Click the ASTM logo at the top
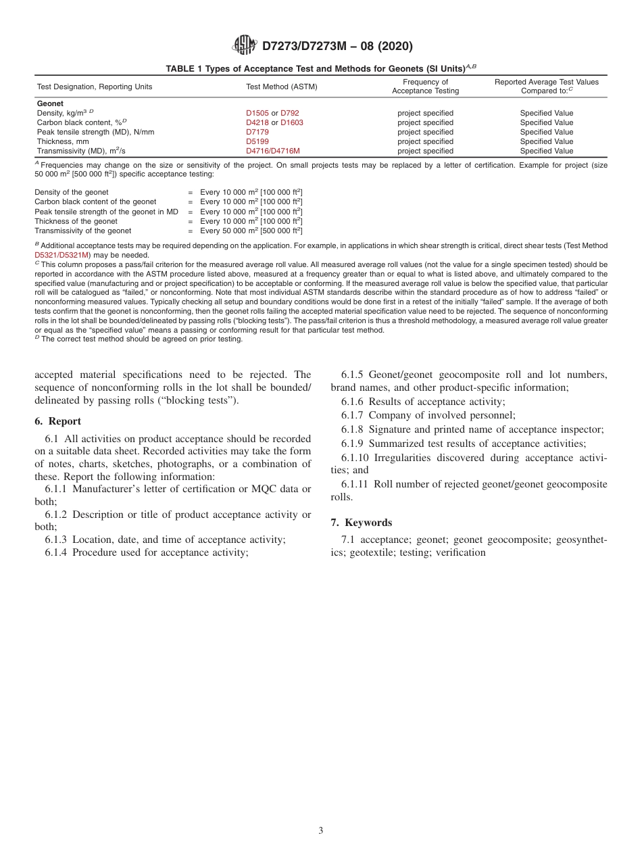tap(244, 46)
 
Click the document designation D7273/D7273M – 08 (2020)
tap(337, 47)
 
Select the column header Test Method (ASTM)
tap(281, 87)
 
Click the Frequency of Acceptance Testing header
tap(425, 87)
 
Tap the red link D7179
tap(257, 133)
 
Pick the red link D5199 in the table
tap(257, 142)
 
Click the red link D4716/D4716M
tap(273, 151)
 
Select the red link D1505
tap(257, 113)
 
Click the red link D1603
tap(292, 122)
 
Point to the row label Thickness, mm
tap(63, 142)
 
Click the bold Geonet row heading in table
tap(50, 103)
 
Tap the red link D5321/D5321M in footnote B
tap(62, 255)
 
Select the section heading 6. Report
tap(57, 421)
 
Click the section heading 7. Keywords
tap(361, 523)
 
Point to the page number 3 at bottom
tap(321, 831)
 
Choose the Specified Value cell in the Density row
tap(546, 113)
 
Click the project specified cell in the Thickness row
tap(425, 142)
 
